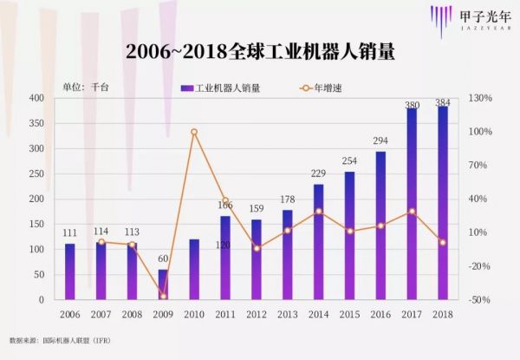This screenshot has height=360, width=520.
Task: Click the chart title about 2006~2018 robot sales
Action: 260,51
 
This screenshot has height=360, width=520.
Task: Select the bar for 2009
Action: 163,285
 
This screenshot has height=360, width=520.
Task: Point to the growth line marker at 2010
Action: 194,132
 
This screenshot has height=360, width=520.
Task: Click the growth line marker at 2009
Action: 163,296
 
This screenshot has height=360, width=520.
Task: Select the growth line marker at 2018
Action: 443,242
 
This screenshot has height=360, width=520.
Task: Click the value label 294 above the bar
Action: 380,141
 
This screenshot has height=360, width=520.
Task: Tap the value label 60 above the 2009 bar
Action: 163,259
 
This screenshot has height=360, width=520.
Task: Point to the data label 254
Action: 349,161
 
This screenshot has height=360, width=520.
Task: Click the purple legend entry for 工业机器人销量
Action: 220,88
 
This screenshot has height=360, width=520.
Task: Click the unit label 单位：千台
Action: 84,88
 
